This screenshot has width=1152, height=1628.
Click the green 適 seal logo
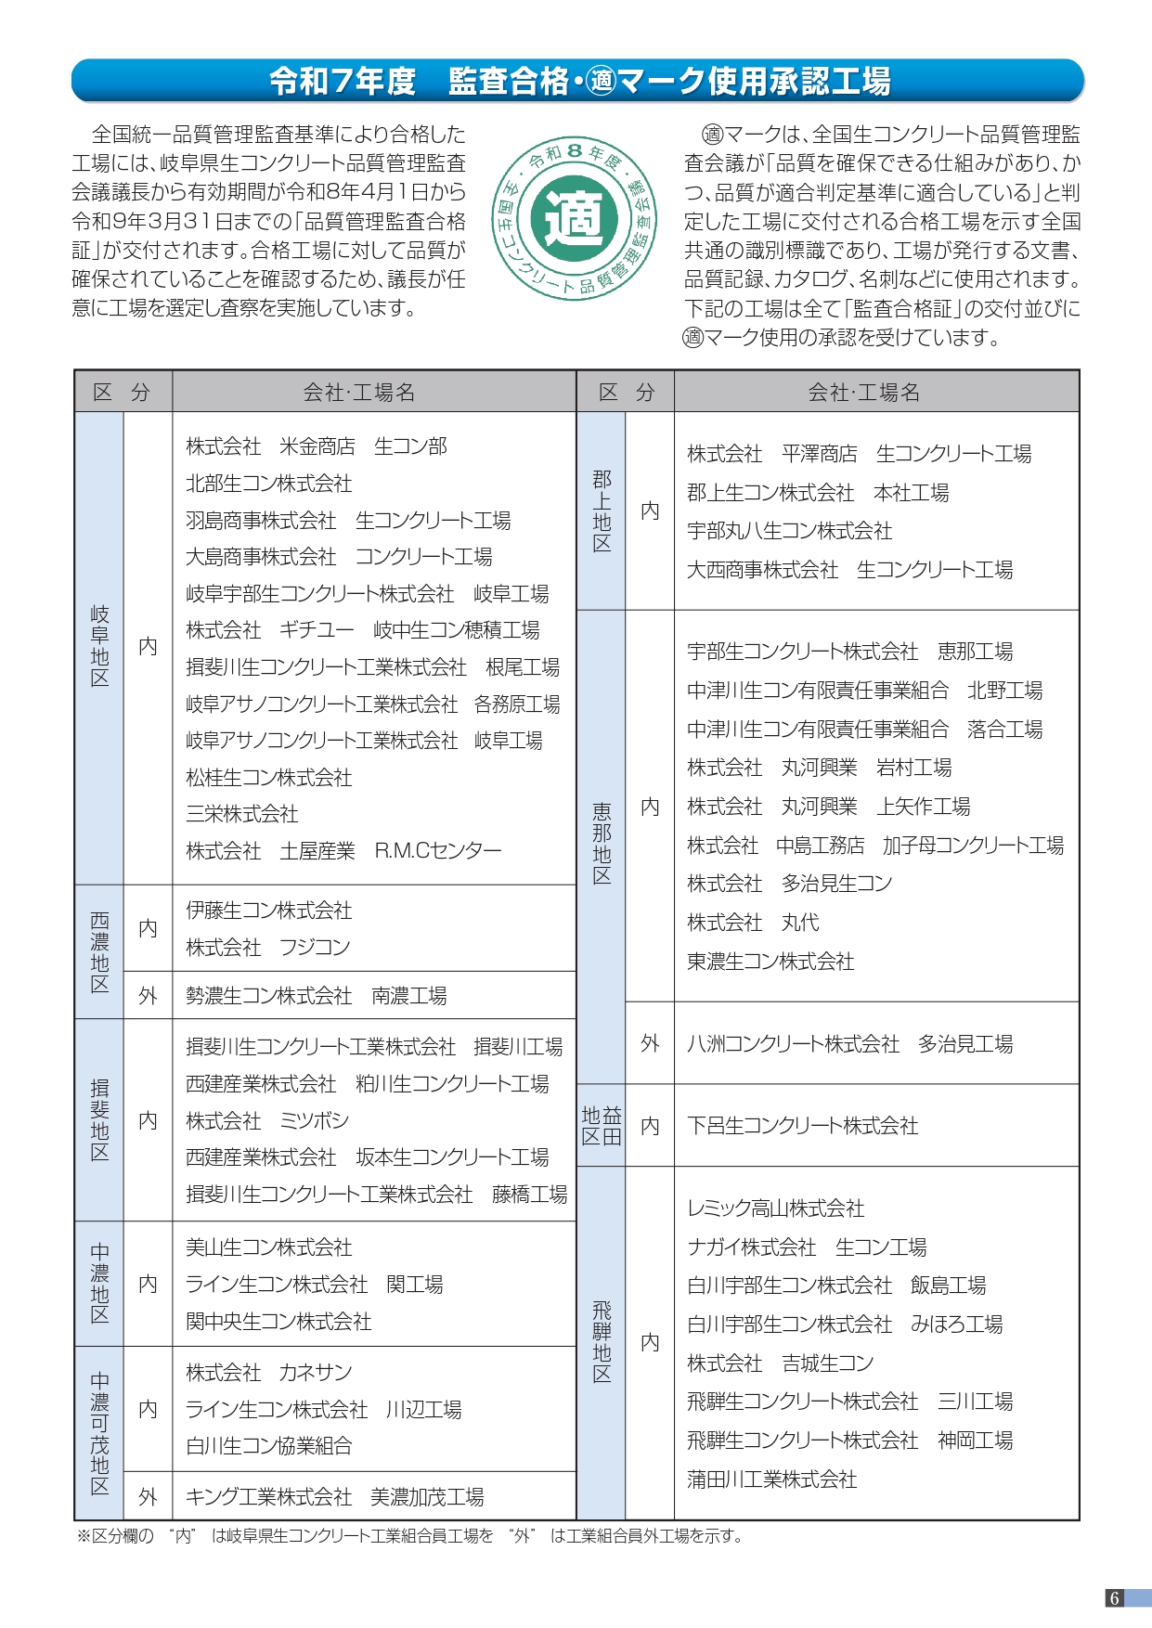574,219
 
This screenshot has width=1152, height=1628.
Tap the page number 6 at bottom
1114,1597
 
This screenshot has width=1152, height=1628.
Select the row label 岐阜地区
99,646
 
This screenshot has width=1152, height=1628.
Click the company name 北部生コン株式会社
269,484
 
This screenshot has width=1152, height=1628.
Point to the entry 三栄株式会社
242,814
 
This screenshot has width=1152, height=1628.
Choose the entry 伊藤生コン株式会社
269,911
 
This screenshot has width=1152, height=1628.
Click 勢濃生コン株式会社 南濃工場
316,996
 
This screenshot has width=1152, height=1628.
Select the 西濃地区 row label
99,951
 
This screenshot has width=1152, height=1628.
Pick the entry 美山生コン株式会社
269,1247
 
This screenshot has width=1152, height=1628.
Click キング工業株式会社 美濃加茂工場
334,1496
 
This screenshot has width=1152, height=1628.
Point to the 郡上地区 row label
602,510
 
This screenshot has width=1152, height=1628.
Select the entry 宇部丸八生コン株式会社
789,531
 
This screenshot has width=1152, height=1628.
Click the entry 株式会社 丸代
753,923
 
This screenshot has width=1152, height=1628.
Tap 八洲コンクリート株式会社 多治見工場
849,1044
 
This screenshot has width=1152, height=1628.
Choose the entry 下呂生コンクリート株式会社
802,1126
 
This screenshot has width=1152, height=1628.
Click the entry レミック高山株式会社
775,1208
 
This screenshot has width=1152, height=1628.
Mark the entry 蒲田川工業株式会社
771,1479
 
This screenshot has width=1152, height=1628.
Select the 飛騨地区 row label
602,1342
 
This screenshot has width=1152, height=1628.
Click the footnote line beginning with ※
408,1536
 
